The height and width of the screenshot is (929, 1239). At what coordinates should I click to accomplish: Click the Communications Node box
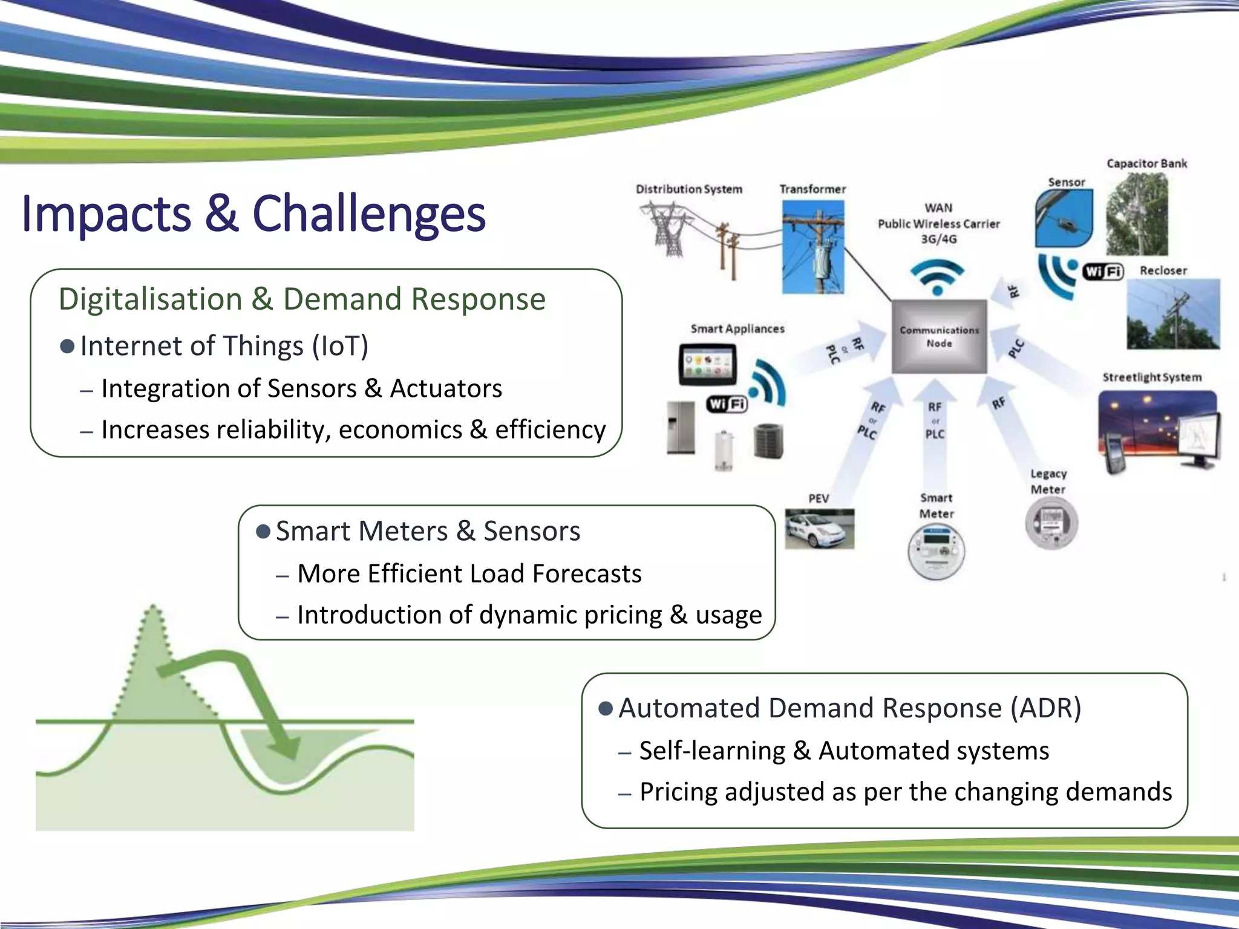(x=939, y=337)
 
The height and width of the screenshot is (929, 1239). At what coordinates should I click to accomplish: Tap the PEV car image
(x=819, y=529)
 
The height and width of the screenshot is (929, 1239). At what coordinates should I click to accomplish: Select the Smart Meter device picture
(x=936, y=551)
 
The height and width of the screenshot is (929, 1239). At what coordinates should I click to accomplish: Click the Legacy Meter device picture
(x=1051, y=523)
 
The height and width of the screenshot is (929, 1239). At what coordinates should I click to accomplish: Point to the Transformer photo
(x=812, y=247)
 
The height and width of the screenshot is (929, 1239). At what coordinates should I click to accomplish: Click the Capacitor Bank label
(x=1146, y=164)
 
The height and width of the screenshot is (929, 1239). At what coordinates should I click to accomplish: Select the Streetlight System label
(x=1151, y=377)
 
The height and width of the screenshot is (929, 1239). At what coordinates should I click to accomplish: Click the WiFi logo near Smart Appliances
(x=727, y=404)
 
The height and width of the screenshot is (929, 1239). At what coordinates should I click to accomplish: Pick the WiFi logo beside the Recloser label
(x=1103, y=272)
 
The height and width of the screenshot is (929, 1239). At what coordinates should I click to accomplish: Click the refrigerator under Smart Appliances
(x=681, y=428)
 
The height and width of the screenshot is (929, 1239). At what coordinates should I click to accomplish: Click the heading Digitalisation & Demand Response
(x=302, y=299)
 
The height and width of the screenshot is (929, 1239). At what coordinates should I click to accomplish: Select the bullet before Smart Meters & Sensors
(x=263, y=532)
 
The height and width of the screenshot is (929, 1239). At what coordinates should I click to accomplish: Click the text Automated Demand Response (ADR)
(x=849, y=708)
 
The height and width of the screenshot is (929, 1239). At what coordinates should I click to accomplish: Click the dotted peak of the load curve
(x=152, y=611)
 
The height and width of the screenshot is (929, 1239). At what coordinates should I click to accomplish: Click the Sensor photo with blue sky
(x=1064, y=218)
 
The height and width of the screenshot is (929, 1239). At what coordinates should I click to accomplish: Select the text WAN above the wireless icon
(x=938, y=208)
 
